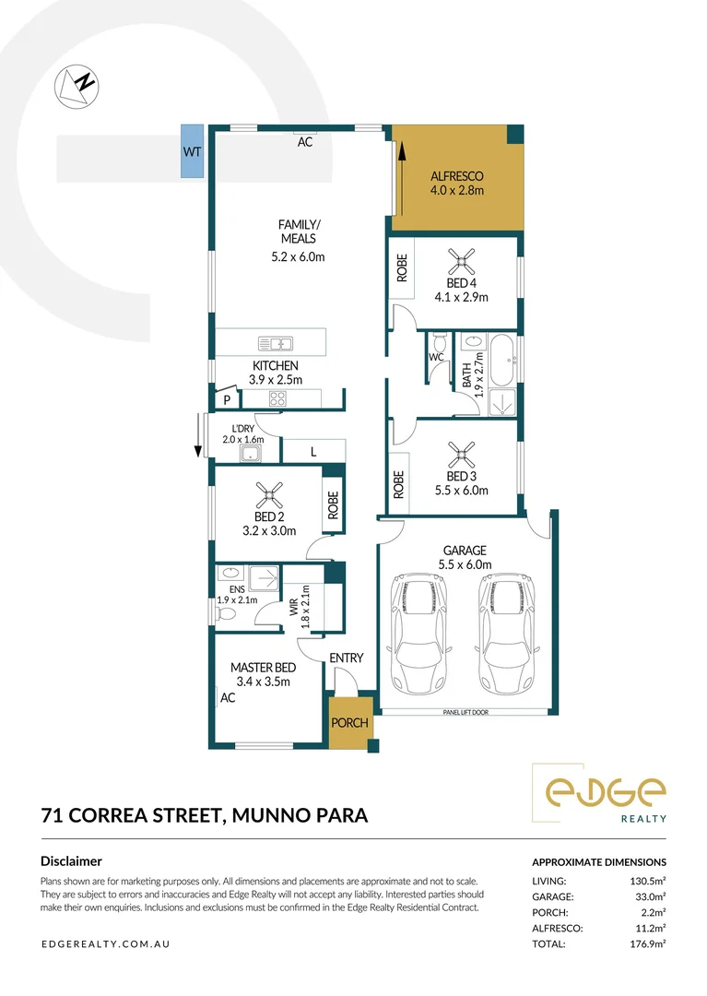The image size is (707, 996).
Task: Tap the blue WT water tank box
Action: pyautogui.click(x=192, y=151)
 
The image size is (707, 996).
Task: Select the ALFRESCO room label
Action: pyautogui.click(x=456, y=176)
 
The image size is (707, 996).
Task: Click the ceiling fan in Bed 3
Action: pyautogui.click(x=459, y=452)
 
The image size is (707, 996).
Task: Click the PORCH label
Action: pyautogui.click(x=350, y=722)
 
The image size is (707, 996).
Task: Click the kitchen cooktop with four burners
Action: pyautogui.click(x=277, y=398)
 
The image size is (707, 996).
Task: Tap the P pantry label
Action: pyautogui.click(x=226, y=399)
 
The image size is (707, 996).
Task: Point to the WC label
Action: pyautogui.click(x=436, y=355)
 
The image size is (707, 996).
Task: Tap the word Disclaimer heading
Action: pyautogui.click(x=71, y=861)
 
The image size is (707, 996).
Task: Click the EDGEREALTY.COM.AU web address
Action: pyautogui.click(x=106, y=943)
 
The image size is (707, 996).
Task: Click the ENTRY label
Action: pyautogui.click(x=347, y=658)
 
